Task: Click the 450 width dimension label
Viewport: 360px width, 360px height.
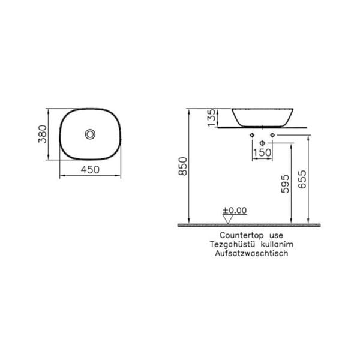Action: (89, 170)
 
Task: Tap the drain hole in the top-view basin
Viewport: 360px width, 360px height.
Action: (90, 134)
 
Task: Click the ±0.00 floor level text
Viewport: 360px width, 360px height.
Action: (235, 211)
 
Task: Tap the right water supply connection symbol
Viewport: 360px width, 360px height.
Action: (271, 135)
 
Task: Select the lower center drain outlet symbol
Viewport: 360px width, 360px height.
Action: (263, 143)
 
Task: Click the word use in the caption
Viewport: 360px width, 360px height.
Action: (276, 236)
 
